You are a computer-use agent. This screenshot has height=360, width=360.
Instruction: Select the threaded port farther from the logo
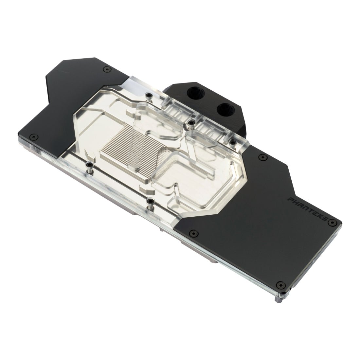[192, 94]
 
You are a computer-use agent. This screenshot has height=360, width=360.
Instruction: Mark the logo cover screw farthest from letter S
[193, 233]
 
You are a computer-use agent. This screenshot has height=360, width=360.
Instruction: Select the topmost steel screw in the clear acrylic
[149, 95]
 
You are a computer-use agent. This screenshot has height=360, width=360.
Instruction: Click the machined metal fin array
[131, 149]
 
